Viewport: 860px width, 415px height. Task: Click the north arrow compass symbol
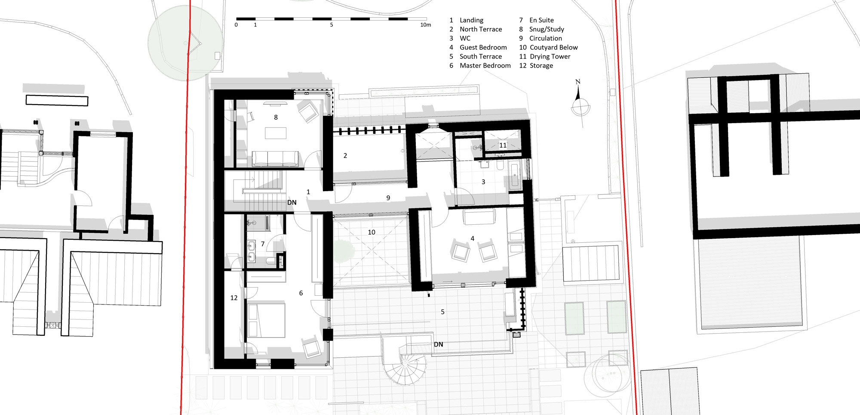pyautogui.click(x=580, y=103)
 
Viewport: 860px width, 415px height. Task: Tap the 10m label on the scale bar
pyautogui.click(x=425, y=25)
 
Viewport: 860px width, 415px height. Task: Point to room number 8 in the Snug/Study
pyautogui.click(x=276, y=117)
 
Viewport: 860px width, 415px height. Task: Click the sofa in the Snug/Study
pyautogui.click(x=275, y=159)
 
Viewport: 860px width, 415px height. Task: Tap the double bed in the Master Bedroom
pyautogui.click(x=267, y=320)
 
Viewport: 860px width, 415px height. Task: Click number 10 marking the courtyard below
pyautogui.click(x=372, y=232)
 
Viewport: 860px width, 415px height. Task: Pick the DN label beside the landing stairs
pyautogui.click(x=292, y=202)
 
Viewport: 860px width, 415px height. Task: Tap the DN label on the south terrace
pyautogui.click(x=439, y=344)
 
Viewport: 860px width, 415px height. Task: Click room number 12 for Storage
pyautogui.click(x=234, y=297)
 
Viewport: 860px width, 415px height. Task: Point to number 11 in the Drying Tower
pyautogui.click(x=503, y=145)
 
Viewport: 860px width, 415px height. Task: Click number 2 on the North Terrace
pyautogui.click(x=345, y=155)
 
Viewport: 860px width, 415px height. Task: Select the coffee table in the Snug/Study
pyautogui.click(x=276, y=133)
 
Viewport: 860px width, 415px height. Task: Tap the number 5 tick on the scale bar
pyautogui.click(x=332, y=25)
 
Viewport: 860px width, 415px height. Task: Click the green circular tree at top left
pyautogui.click(x=185, y=43)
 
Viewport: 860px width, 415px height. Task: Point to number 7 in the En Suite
pyautogui.click(x=263, y=244)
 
